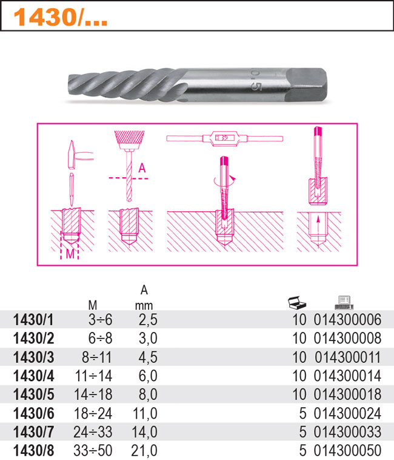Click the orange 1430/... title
(61, 18)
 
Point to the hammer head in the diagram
(71, 155)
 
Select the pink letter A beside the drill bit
(142, 168)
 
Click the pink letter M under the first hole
(70, 254)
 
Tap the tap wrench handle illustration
(225, 138)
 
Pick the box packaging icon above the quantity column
(297, 303)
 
